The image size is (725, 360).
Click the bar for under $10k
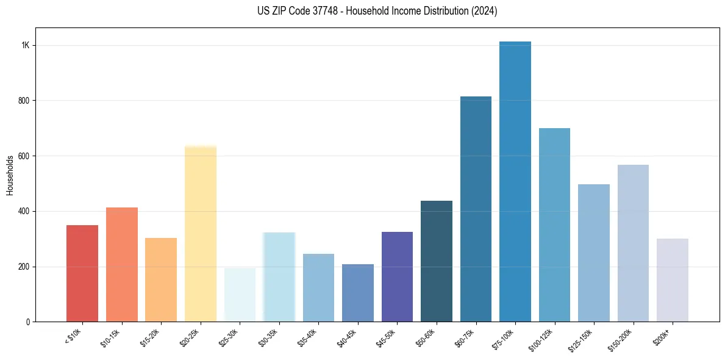point(82,273)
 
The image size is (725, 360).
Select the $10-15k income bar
point(121,265)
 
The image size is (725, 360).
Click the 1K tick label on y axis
point(25,45)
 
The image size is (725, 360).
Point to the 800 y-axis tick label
point(24,101)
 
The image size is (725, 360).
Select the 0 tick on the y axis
point(27,322)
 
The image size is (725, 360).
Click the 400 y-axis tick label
point(24,211)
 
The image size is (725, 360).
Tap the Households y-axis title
point(10,175)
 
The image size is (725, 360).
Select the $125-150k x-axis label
point(582,339)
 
